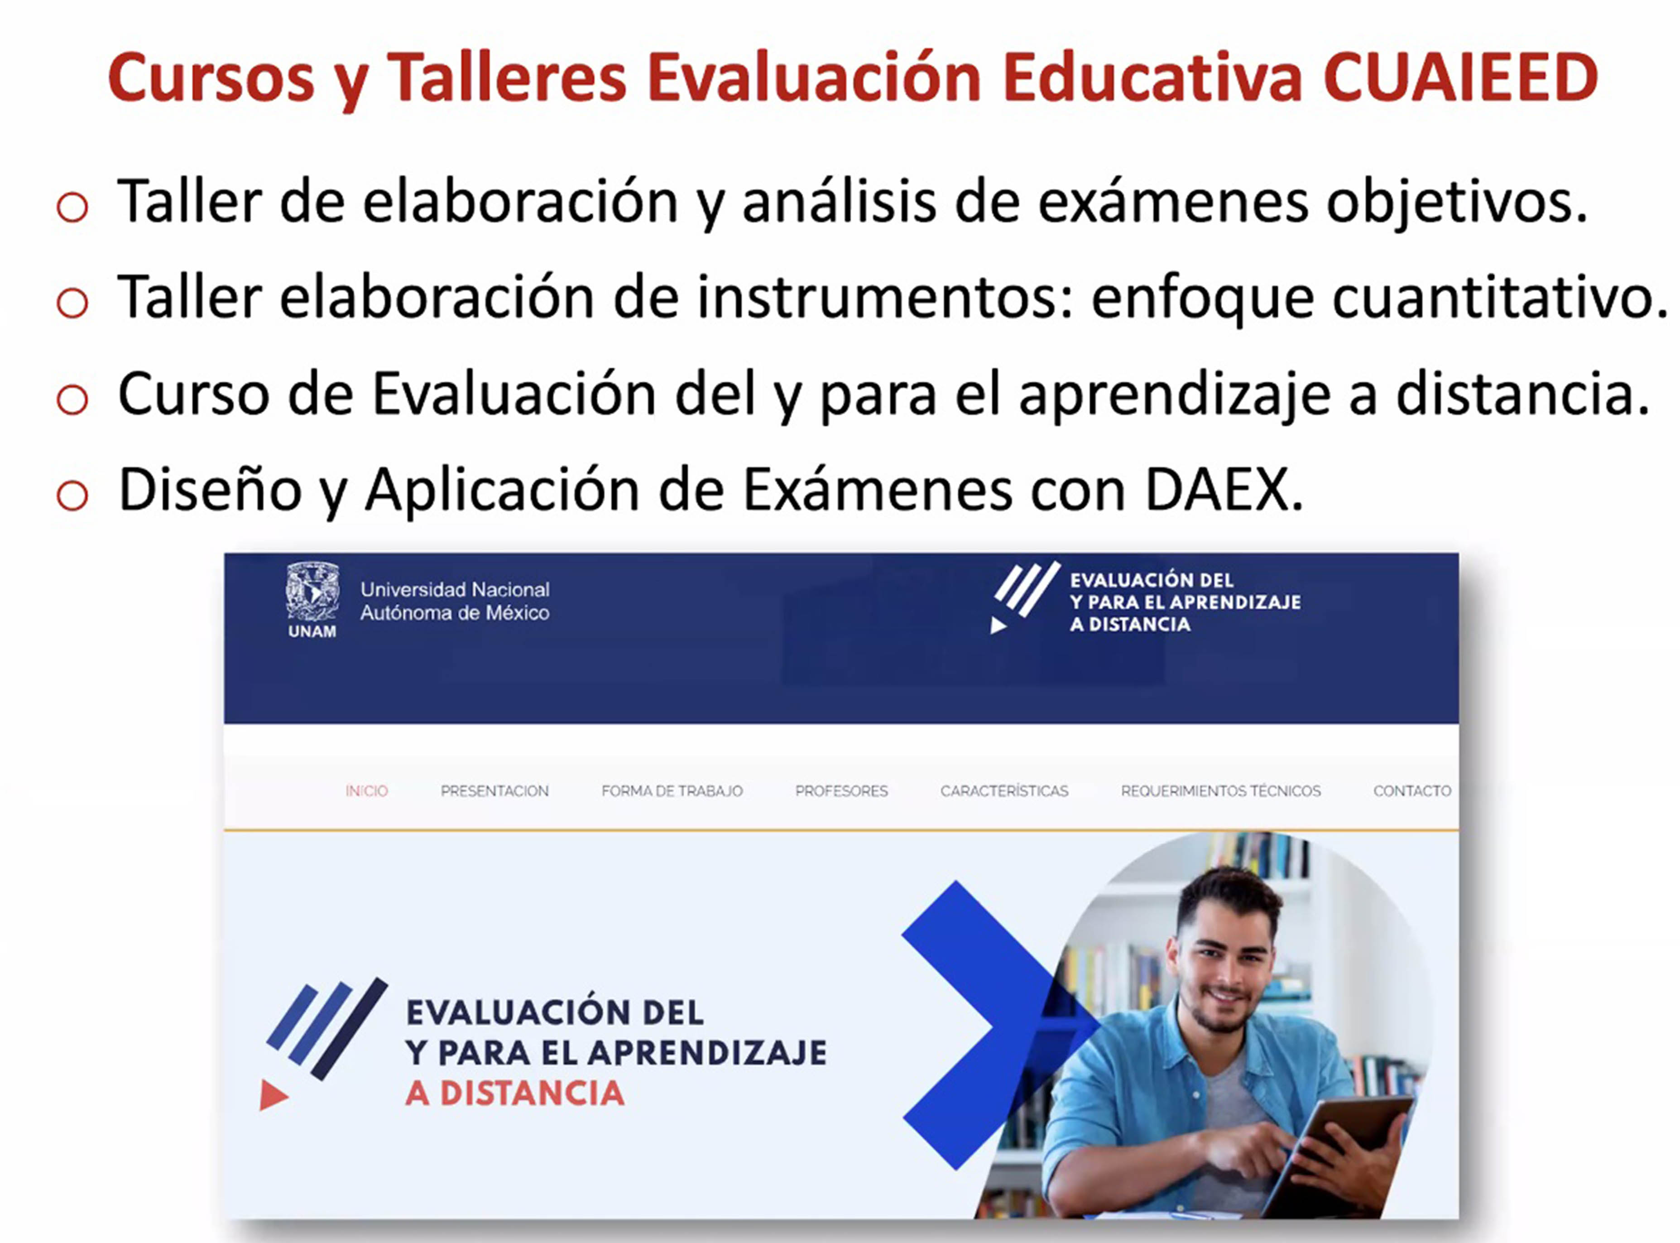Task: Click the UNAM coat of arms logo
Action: [312, 594]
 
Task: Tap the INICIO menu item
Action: [367, 791]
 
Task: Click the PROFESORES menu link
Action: [841, 791]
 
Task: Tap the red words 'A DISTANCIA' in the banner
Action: [515, 1093]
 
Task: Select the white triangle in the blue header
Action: [998, 625]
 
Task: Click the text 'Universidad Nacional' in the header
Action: [455, 589]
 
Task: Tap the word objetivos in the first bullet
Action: [1457, 203]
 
